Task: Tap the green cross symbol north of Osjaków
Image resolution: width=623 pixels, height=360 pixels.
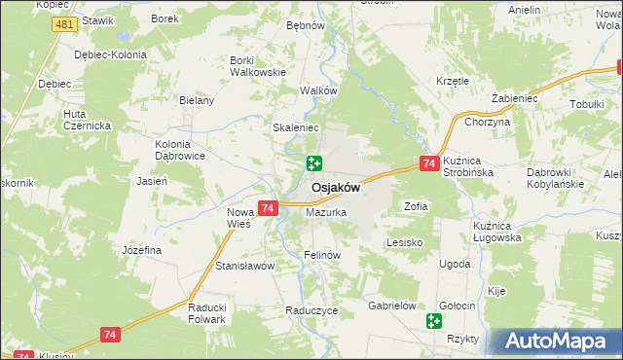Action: (x=314, y=163)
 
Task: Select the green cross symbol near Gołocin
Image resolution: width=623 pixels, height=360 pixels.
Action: (x=433, y=320)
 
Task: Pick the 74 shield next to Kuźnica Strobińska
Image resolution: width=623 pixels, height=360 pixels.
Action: (x=428, y=165)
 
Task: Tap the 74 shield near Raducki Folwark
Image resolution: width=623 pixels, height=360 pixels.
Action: (x=110, y=334)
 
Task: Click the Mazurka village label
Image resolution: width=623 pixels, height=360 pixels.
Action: (x=326, y=211)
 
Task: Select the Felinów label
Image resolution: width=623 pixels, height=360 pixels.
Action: (x=320, y=255)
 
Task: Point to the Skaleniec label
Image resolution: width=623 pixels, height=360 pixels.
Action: (x=297, y=127)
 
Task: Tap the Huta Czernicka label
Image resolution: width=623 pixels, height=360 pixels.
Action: (x=87, y=120)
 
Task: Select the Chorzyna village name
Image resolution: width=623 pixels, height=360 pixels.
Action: (x=488, y=122)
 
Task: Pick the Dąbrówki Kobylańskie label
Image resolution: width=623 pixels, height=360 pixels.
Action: (x=555, y=177)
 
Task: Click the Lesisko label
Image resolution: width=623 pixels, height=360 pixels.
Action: (x=403, y=241)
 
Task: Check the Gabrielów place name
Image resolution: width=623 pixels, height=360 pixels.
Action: (x=392, y=305)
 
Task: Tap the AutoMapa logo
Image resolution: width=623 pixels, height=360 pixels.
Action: (x=556, y=342)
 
